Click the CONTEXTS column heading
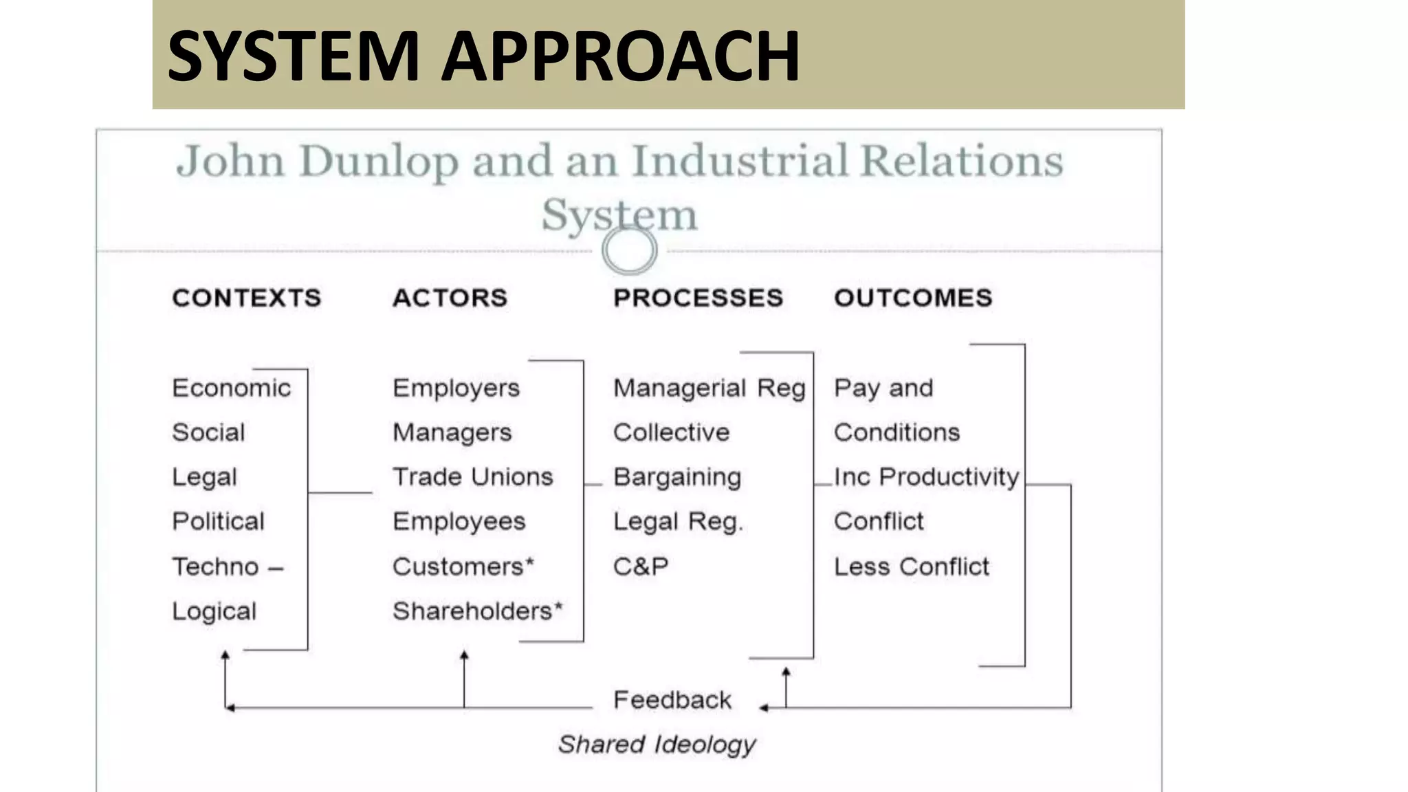pos(246,298)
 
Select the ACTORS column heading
pos(450,298)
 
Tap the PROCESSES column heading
pos(698,298)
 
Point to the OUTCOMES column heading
pos(913,298)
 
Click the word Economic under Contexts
pos(231,388)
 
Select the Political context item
pos(218,522)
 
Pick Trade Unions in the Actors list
pos(472,477)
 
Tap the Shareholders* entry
pos(477,611)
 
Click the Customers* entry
pos(463,566)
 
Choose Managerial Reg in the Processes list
pos(709,388)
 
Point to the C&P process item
pos(640,566)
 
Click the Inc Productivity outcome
pos(926,477)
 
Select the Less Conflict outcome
pos(911,566)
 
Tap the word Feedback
pos(672,700)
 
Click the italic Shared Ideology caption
pos(657,745)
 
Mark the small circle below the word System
pos(629,250)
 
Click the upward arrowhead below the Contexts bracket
pos(225,655)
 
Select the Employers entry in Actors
pos(456,388)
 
